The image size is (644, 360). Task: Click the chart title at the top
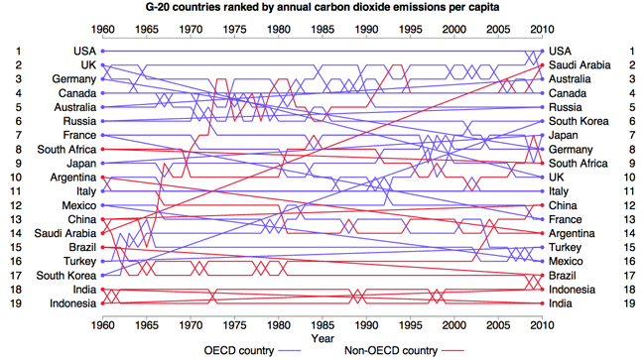(x=322, y=7)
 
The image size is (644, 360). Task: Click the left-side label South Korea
(x=66, y=276)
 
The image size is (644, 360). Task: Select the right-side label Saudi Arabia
(x=580, y=64)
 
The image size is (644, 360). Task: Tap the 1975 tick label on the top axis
(x=234, y=30)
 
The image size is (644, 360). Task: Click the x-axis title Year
(x=322, y=338)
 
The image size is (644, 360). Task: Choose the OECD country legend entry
(x=252, y=350)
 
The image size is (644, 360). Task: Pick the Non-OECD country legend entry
(x=404, y=350)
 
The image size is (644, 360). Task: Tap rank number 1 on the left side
(x=18, y=51)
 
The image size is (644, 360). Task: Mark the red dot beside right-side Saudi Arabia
(x=542, y=64)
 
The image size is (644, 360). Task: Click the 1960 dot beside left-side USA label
(x=102, y=51)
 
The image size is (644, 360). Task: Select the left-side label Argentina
(x=73, y=178)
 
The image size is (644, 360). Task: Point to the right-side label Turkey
(x=566, y=247)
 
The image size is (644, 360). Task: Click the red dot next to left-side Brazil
(x=102, y=247)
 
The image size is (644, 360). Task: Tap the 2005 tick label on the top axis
(x=498, y=30)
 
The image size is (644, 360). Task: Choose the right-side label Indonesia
(x=572, y=290)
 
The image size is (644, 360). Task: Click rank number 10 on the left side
(x=16, y=178)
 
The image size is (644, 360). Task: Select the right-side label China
(x=563, y=205)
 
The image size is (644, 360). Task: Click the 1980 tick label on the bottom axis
(x=279, y=325)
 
